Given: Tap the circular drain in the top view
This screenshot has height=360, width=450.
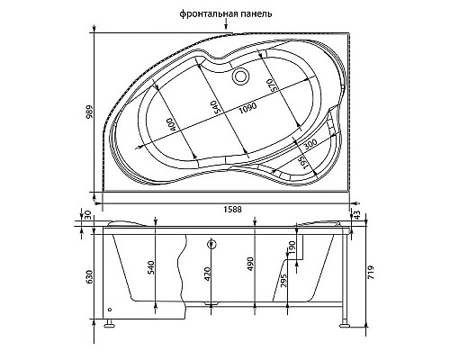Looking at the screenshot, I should click(240, 76).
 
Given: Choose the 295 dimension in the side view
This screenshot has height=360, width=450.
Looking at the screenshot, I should click(284, 281).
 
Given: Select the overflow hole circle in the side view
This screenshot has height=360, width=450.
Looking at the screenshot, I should click(211, 243).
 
